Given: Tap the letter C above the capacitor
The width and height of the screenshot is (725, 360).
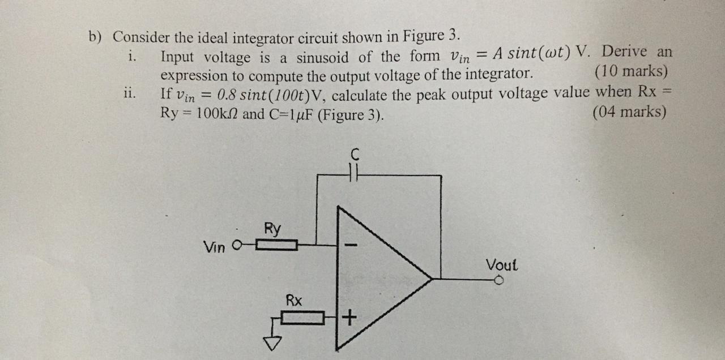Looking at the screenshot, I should point(355,153).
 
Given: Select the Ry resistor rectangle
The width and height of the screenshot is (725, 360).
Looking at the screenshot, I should point(276,246).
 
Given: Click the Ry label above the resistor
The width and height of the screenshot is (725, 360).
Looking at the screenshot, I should point(272,229).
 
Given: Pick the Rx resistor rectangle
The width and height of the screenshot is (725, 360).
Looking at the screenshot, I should point(302,318).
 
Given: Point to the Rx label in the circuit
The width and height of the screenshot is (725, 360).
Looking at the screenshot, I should point(293,300).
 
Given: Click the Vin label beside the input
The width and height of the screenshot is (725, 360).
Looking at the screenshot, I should point(215,247).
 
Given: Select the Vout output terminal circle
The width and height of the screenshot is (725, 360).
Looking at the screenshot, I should point(499,280).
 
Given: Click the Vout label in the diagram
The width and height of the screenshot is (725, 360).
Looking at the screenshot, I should point(501,264).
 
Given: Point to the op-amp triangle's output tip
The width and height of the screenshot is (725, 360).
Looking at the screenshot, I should point(432,278).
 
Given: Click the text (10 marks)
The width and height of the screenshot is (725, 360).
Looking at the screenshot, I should point(631,72).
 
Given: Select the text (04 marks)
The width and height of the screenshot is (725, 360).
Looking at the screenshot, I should point(629,112).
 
